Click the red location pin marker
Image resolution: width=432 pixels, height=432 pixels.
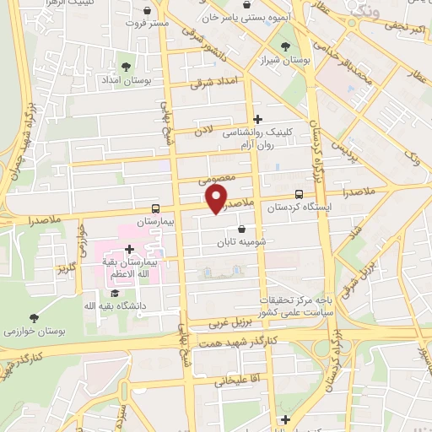point(217,197)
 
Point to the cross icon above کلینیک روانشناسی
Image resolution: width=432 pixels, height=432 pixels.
point(257,120)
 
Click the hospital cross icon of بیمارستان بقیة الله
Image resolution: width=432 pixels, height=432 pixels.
point(129,248)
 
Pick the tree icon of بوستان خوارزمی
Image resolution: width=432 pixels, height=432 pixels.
point(33,318)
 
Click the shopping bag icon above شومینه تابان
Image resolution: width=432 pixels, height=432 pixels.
point(242,228)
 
